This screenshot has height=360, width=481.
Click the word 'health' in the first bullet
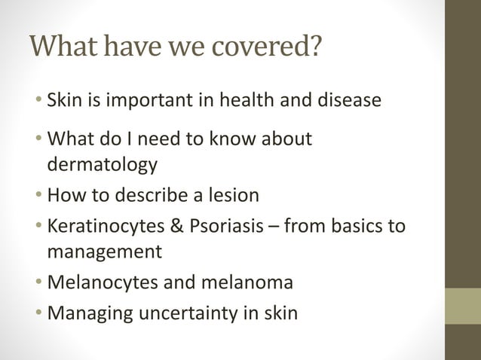tap(253, 100)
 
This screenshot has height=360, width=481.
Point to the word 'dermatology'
tap(103, 164)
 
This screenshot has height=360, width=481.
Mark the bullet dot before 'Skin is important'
tap(38, 101)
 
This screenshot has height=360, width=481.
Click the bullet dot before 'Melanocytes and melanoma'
tap(38, 283)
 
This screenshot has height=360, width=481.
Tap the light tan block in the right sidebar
tap(463, 306)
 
